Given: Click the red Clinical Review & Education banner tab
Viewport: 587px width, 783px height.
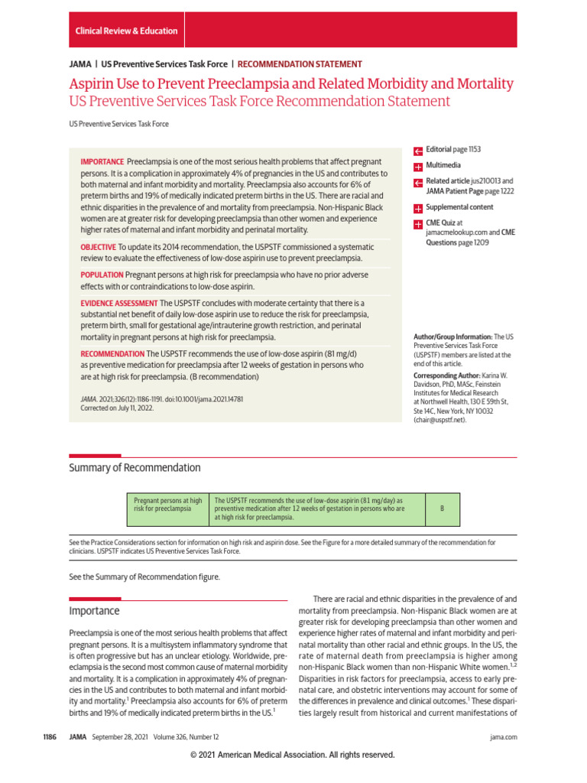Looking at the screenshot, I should [126, 31].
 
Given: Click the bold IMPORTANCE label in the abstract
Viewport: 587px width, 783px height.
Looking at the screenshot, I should [102, 162].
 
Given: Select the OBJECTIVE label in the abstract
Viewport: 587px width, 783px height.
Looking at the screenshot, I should [99, 247].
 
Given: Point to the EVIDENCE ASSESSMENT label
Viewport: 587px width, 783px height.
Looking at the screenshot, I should [118, 303].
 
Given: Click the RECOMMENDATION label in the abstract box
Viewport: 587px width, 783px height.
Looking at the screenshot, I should [112, 354].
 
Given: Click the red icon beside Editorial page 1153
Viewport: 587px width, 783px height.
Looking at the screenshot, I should [418, 151].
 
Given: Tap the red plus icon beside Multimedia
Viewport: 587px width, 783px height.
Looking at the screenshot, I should [418, 166].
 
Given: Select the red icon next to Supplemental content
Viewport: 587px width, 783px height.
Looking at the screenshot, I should [418, 208].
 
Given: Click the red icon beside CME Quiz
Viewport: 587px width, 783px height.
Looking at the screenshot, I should [418, 224].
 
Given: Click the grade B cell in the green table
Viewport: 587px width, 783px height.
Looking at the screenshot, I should [442, 508].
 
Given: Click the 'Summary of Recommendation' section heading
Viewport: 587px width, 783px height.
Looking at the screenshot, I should [135, 468].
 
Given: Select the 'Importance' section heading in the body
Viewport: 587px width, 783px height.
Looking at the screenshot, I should [95, 611].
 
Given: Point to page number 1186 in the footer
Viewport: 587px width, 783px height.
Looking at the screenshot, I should [52, 737].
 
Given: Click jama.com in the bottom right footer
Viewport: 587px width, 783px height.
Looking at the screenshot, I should [503, 737].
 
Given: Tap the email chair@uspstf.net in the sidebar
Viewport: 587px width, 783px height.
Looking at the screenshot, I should [444, 420].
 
